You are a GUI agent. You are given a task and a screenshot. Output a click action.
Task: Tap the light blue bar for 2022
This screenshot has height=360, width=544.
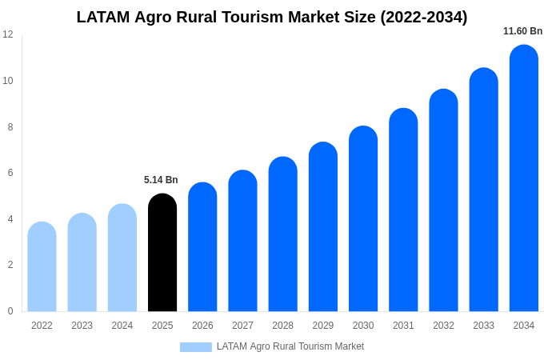tap(42, 267)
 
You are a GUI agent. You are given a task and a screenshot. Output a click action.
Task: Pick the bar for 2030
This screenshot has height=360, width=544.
tap(363, 219)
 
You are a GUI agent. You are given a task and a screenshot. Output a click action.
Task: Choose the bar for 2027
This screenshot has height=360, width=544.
tap(242, 241)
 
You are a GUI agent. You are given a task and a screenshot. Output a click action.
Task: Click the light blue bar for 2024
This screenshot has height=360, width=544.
tap(122, 258)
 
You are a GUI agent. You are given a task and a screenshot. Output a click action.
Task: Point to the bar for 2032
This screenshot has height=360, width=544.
tap(443, 201)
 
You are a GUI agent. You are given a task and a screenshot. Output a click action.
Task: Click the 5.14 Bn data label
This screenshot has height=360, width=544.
tap(161, 180)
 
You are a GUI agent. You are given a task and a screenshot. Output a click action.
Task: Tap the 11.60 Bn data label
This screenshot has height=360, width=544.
tap(522, 31)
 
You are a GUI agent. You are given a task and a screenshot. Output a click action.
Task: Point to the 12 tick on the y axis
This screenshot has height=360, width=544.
tap(8, 34)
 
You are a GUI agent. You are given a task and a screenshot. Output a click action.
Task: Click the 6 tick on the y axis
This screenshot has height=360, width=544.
tap(10, 173)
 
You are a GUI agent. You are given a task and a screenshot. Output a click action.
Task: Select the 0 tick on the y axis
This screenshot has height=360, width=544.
tap(10, 311)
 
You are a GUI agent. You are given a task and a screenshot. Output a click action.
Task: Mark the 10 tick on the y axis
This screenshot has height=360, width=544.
tap(8, 81)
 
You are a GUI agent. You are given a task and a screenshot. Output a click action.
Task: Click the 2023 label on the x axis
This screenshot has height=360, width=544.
tap(82, 326)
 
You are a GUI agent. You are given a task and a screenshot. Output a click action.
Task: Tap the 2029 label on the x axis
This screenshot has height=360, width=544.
tap(323, 326)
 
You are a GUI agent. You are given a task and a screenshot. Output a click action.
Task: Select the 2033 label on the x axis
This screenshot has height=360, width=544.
tap(483, 326)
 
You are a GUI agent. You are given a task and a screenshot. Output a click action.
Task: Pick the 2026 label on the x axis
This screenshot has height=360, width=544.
tap(202, 326)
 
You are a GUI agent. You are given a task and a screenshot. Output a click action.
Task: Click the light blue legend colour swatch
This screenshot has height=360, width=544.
tap(196, 347)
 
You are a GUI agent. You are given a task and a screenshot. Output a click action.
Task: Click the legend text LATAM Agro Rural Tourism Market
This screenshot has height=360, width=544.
tap(290, 346)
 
